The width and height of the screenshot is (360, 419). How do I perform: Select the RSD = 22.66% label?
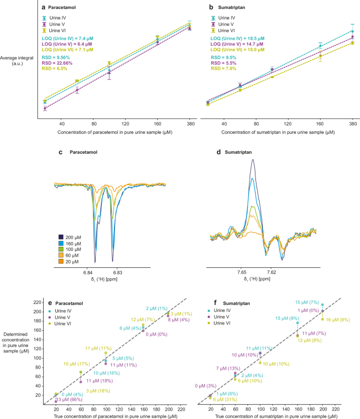[57, 62]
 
